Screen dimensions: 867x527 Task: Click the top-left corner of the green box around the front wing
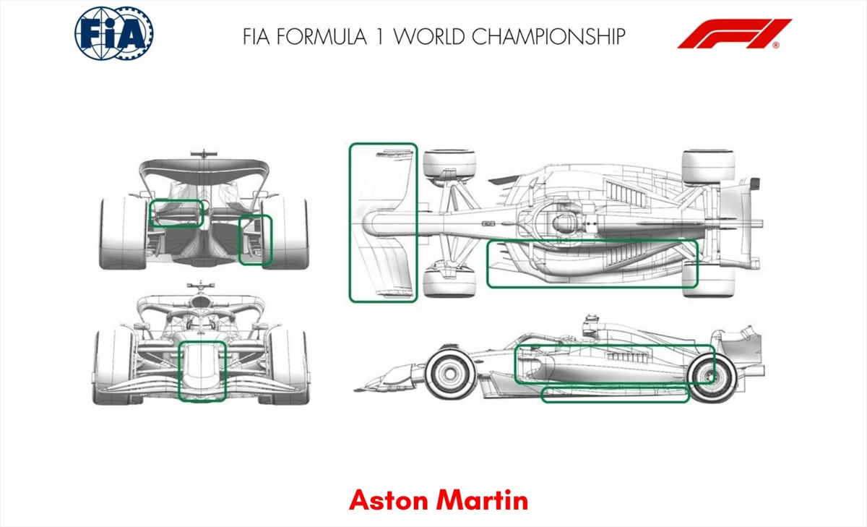350,144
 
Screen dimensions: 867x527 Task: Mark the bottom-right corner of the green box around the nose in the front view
225,400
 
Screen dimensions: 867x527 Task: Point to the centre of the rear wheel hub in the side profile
712,377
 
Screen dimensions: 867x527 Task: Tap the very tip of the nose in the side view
354,390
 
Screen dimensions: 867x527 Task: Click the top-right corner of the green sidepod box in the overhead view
697,241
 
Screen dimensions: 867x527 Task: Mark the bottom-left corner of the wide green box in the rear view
151,226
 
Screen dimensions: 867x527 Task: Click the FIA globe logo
114,34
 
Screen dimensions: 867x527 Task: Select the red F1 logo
734,34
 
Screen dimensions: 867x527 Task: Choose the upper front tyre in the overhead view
449,165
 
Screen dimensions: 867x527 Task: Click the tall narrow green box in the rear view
256,240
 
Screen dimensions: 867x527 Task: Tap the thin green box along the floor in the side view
615,394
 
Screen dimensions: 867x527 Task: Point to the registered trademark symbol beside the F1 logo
776,46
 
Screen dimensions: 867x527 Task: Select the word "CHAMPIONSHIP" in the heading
548,37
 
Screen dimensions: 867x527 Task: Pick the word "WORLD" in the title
429,37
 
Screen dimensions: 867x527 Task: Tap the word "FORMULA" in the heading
322,37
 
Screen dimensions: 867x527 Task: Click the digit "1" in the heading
380,37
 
